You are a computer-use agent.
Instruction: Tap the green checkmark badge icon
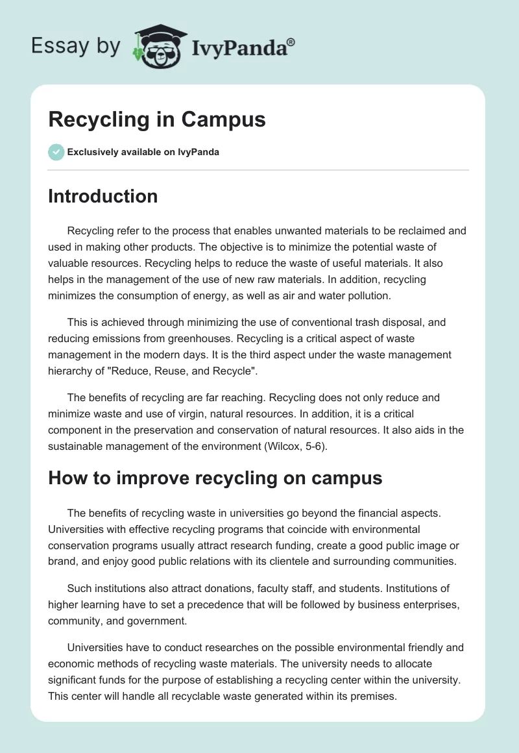pos(56,152)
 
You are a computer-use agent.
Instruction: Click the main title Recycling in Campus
pos(157,120)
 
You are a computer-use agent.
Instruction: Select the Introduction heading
pos(103,196)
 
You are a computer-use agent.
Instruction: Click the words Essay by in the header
pos(75,47)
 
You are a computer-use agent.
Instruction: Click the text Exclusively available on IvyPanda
pos(143,152)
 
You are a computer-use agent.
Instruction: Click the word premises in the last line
pos(370,696)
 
